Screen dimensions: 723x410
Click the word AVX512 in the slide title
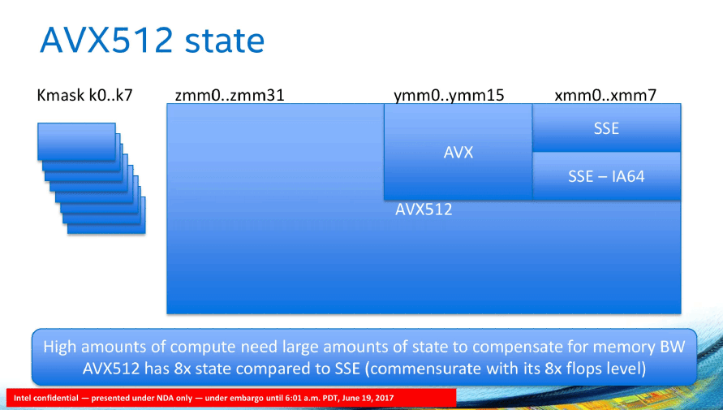(x=106, y=40)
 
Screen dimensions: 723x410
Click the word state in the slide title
(x=225, y=40)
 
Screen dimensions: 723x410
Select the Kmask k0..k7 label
(x=85, y=96)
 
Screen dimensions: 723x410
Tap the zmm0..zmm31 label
(x=230, y=96)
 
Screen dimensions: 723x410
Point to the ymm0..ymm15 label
(x=449, y=96)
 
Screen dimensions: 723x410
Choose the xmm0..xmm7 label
(x=605, y=96)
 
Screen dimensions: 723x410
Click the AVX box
(x=458, y=152)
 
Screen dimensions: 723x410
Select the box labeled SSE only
(x=606, y=127)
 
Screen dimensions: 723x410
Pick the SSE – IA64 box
(x=606, y=176)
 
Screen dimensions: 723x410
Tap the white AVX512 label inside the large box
(x=424, y=209)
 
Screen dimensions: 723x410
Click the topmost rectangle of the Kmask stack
(x=76, y=141)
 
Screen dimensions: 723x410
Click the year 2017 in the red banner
(x=385, y=398)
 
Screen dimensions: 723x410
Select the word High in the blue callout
(x=59, y=347)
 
